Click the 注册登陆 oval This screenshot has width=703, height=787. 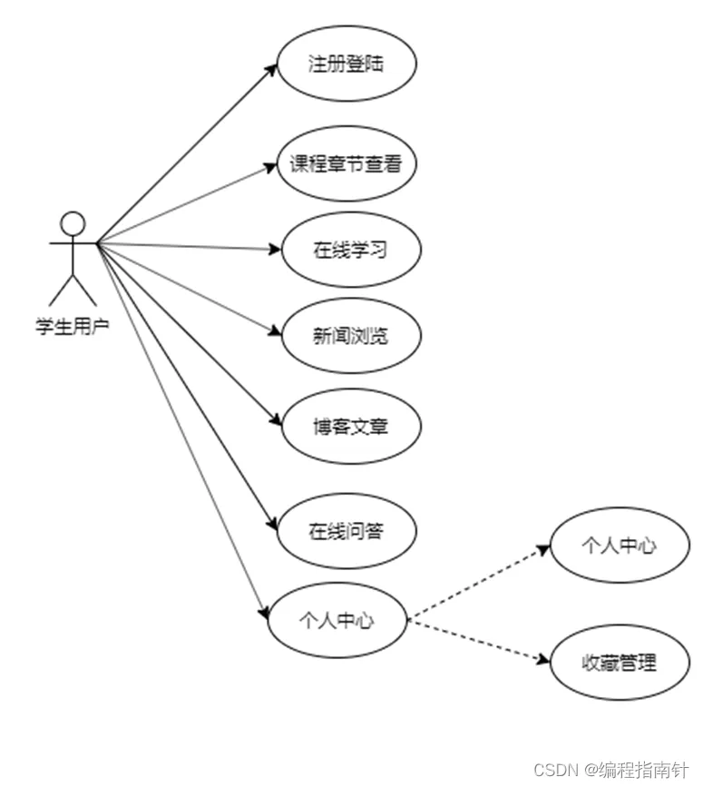point(346,64)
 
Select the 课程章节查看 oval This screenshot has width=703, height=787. point(346,164)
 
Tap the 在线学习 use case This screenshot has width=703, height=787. point(351,249)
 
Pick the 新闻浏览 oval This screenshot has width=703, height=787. point(351,335)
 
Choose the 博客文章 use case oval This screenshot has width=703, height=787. point(351,425)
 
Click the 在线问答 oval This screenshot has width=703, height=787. point(346,531)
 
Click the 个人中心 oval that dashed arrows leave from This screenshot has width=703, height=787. point(337,621)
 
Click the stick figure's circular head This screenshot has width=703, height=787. point(72,223)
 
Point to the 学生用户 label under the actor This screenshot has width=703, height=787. point(73,326)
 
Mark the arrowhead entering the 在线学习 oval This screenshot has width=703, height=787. point(277,248)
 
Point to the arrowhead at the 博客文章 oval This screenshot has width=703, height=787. point(278,421)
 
